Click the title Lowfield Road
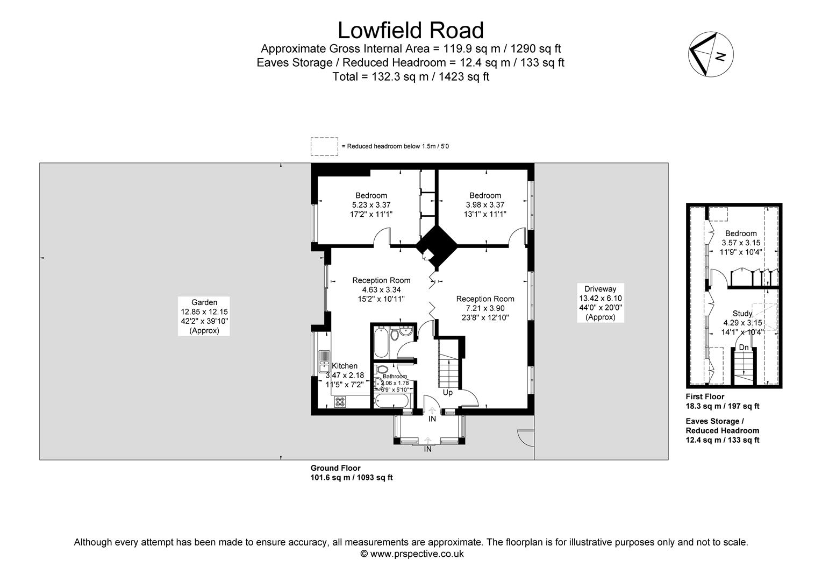pos(411,30)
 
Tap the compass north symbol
pos(710,54)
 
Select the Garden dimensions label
pos(204,316)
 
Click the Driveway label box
pos(601,303)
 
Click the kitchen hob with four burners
pos(340,401)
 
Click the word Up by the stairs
pos(447,393)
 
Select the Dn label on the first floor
pos(744,348)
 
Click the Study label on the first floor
pos(742,314)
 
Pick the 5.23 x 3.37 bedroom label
pos(371,205)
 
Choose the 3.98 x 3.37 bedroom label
pos(485,205)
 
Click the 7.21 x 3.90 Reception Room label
pos(485,308)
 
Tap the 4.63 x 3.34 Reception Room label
pos(381,290)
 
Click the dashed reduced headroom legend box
pos(324,146)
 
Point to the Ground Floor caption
pos(335,468)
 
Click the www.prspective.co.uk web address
pos(417,554)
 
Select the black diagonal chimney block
pos(437,245)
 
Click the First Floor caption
pos(705,396)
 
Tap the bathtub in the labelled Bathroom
pos(391,401)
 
